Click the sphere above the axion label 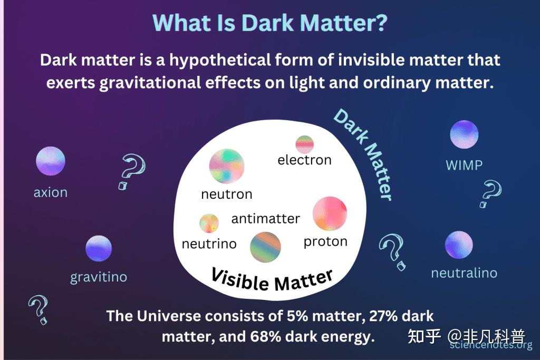click(x=51, y=161)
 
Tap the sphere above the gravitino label click(x=99, y=248)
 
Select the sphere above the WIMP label click(x=464, y=134)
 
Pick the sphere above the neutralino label click(x=459, y=245)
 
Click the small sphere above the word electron click(x=305, y=144)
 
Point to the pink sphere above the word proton click(x=330, y=213)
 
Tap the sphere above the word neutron click(x=227, y=166)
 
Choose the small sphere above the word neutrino click(x=209, y=223)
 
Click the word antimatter click(x=266, y=219)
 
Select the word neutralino click(x=464, y=273)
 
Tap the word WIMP click(x=464, y=165)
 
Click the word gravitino click(x=99, y=277)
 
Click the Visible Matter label click(x=272, y=279)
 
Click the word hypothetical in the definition click(x=220, y=61)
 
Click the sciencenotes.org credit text click(x=491, y=345)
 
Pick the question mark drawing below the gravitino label click(x=38, y=309)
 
